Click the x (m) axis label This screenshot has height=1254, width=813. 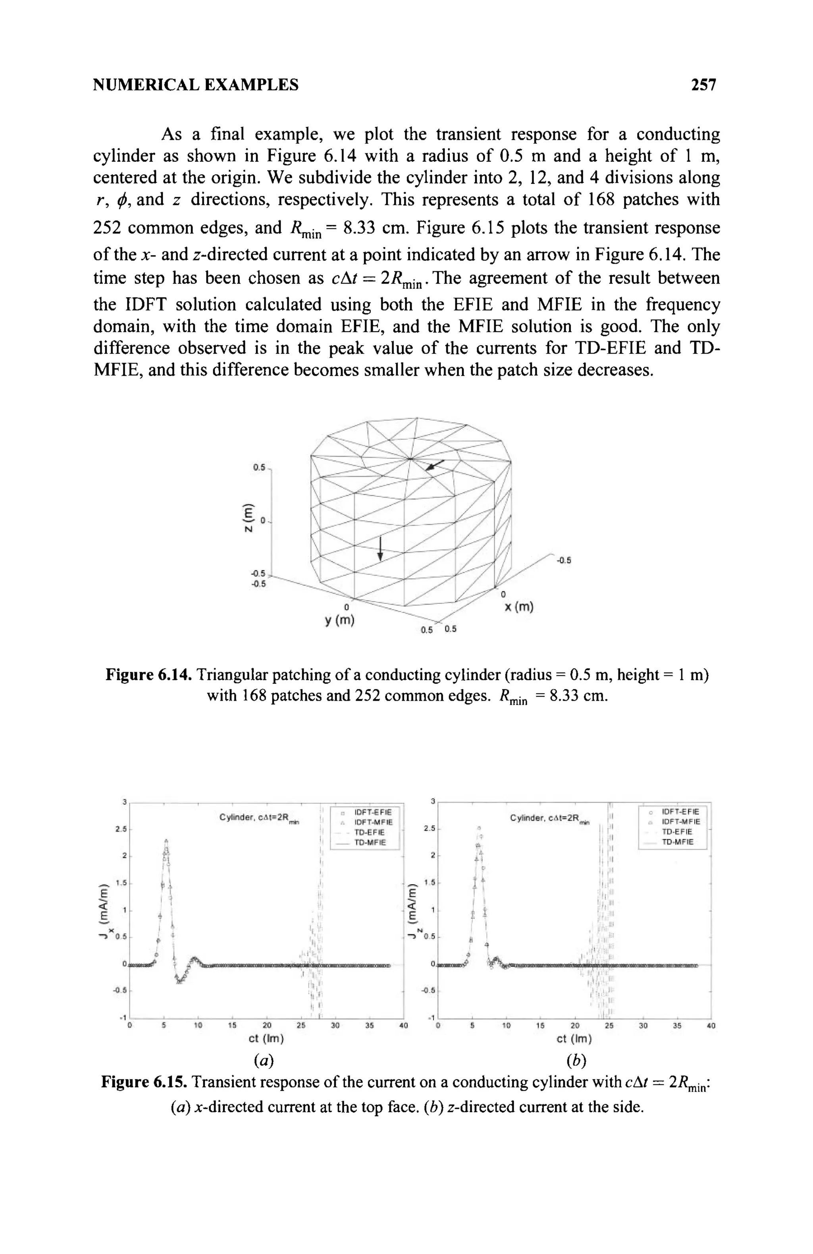tap(519, 607)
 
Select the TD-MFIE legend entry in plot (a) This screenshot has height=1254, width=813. tap(370, 842)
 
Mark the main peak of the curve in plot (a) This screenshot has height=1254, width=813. tap(166, 841)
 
